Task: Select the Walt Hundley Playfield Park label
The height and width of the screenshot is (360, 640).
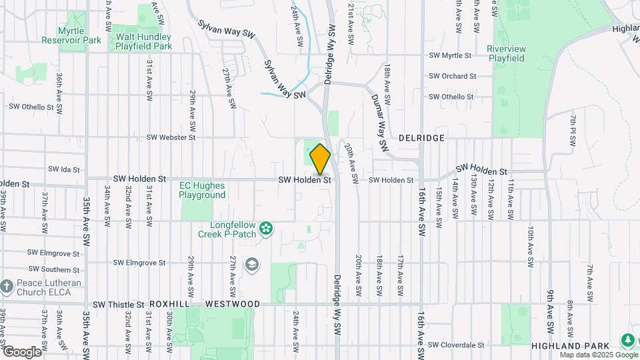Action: click(x=143, y=41)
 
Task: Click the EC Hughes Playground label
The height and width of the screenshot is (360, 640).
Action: click(x=202, y=190)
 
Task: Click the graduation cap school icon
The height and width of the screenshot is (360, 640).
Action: click(x=251, y=265)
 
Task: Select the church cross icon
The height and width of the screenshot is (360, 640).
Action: click(x=7, y=287)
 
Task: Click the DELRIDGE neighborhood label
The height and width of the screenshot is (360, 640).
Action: click(x=421, y=137)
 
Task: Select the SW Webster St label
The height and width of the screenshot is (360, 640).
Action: click(x=171, y=137)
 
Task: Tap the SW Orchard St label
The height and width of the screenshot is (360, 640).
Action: click(x=453, y=76)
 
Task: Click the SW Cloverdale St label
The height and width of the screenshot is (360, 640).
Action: click(x=456, y=345)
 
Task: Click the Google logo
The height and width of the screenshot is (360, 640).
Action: click(x=22, y=351)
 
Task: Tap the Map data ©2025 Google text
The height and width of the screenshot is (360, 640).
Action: click(x=598, y=355)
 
